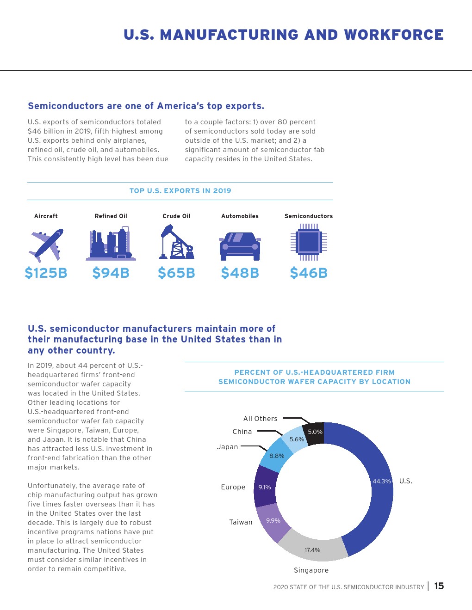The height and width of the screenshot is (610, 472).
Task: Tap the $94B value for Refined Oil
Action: tap(111, 273)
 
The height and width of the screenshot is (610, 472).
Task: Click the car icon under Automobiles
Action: tap(240, 246)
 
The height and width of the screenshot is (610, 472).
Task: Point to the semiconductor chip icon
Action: tap(309, 242)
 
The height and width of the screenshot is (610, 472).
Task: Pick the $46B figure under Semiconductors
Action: tap(309, 273)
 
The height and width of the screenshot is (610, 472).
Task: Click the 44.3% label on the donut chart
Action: tap(382, 481)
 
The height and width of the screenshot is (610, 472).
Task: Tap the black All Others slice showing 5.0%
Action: tap(315, 433)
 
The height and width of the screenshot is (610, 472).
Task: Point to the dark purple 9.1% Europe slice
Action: tap(265, 487)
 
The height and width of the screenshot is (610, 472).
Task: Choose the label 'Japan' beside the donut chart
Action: tap(227, 447)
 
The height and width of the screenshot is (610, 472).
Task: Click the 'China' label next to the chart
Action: tap(242, 432)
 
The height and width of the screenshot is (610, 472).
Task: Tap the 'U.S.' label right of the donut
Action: tap(406, 481)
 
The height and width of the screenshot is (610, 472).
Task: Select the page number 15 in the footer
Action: tap(439, 586)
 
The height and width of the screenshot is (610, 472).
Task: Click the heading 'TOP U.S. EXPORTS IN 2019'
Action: tap(180, 191)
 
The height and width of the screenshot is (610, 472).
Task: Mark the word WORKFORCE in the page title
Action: tap(394, 35)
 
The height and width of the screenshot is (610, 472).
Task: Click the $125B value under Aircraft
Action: tap(46, 273)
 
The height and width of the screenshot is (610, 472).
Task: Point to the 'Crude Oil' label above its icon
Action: tap(176, 216)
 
